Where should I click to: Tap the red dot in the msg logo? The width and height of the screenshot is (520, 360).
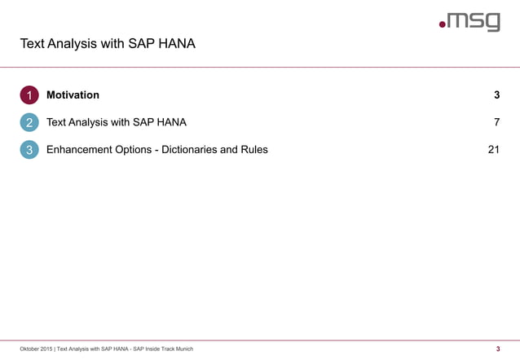click(443, 25)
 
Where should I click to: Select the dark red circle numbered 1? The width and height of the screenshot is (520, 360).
click(29, 95)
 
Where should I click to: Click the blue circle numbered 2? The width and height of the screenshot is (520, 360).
click(29, 123)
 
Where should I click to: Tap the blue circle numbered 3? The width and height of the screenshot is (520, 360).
click(29, 150)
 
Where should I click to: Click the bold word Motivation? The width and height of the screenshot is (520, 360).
click(73, 95)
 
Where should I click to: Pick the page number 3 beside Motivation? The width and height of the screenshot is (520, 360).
click(496, 95)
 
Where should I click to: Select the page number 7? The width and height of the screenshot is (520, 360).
click(496, 123)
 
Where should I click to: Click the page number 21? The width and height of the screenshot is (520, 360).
click(493, 150)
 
